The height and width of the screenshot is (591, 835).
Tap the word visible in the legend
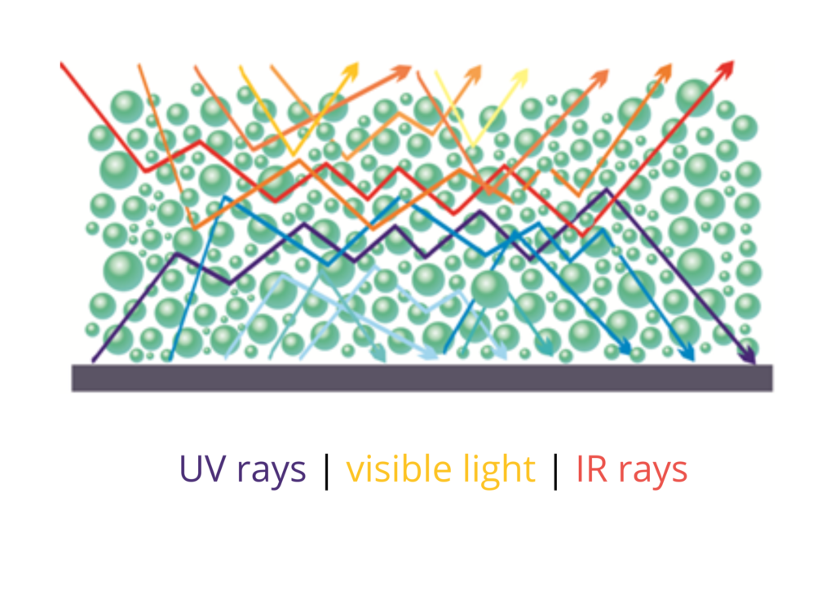point(398,468)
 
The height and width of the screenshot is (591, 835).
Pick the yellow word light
point(499,470)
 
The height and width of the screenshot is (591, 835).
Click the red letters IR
point(592,469)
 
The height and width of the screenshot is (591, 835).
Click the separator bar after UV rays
point(327,471)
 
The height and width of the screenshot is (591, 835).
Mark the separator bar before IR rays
point(556,471)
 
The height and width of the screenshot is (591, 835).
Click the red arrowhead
point(726,69)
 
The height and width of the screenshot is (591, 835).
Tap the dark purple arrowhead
point(749,356)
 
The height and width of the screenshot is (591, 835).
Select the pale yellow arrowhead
point(520,77)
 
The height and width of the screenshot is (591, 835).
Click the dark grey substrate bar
point(422,379)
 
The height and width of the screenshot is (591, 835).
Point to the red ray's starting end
point(61,64)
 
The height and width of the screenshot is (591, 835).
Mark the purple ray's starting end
point(93,362)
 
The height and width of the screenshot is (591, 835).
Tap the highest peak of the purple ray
point(606,189)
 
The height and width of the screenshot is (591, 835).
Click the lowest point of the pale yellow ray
point(472,146)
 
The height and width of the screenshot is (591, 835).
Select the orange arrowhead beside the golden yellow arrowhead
point(403,71)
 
